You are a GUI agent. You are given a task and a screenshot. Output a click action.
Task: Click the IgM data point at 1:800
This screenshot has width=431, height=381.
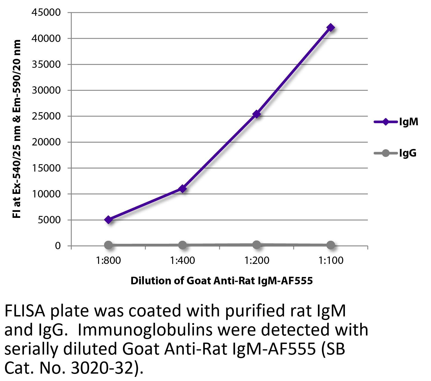108,220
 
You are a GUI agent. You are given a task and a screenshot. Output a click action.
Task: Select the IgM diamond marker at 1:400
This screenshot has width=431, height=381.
183,188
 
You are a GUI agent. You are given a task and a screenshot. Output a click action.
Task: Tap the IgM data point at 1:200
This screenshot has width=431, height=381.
257,114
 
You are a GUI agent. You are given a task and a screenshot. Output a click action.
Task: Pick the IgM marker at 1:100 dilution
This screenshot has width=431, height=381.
330,28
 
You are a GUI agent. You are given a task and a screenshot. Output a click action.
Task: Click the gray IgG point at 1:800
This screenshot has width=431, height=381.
108,245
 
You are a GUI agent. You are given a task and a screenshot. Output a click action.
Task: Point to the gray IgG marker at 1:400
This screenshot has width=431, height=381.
183,245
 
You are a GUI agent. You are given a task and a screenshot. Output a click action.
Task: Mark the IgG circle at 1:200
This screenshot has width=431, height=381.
257,245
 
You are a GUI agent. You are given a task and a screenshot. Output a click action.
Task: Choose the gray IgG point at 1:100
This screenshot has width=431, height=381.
330,245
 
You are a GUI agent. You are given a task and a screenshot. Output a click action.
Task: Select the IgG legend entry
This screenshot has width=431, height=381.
395,153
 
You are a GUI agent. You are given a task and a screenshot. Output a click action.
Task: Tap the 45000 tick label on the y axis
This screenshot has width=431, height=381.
46,13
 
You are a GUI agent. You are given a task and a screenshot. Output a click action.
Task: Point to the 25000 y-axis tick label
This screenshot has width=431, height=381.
46,116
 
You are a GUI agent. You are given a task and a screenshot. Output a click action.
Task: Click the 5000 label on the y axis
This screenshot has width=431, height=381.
49,220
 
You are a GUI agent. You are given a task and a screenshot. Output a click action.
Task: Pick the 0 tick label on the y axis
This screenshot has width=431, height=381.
57,246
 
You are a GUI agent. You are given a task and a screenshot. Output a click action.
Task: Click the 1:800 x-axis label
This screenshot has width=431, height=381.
108,261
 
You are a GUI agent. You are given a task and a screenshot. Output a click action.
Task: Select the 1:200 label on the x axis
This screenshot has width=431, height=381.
257,261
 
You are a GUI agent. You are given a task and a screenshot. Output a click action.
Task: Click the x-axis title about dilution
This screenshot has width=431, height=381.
221,281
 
